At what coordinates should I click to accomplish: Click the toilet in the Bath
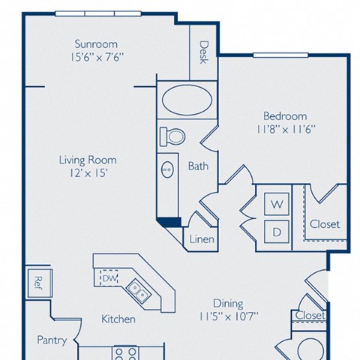coord(173,136)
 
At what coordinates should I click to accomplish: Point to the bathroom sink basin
coord(166,169)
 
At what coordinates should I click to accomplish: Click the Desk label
coord(203,52)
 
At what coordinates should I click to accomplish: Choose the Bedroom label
coord(284,115)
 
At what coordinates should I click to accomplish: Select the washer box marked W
coord(276,204)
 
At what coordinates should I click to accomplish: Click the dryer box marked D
coord(276,232)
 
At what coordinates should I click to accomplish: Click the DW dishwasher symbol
coord(109,278)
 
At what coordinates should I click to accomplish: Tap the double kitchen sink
coord(137,287)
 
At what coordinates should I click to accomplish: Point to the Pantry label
coord(52,340)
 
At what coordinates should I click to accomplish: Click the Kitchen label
coord(118,319)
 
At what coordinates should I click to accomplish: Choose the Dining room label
coord(227,303)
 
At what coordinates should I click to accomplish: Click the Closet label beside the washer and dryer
coord(324,223)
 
